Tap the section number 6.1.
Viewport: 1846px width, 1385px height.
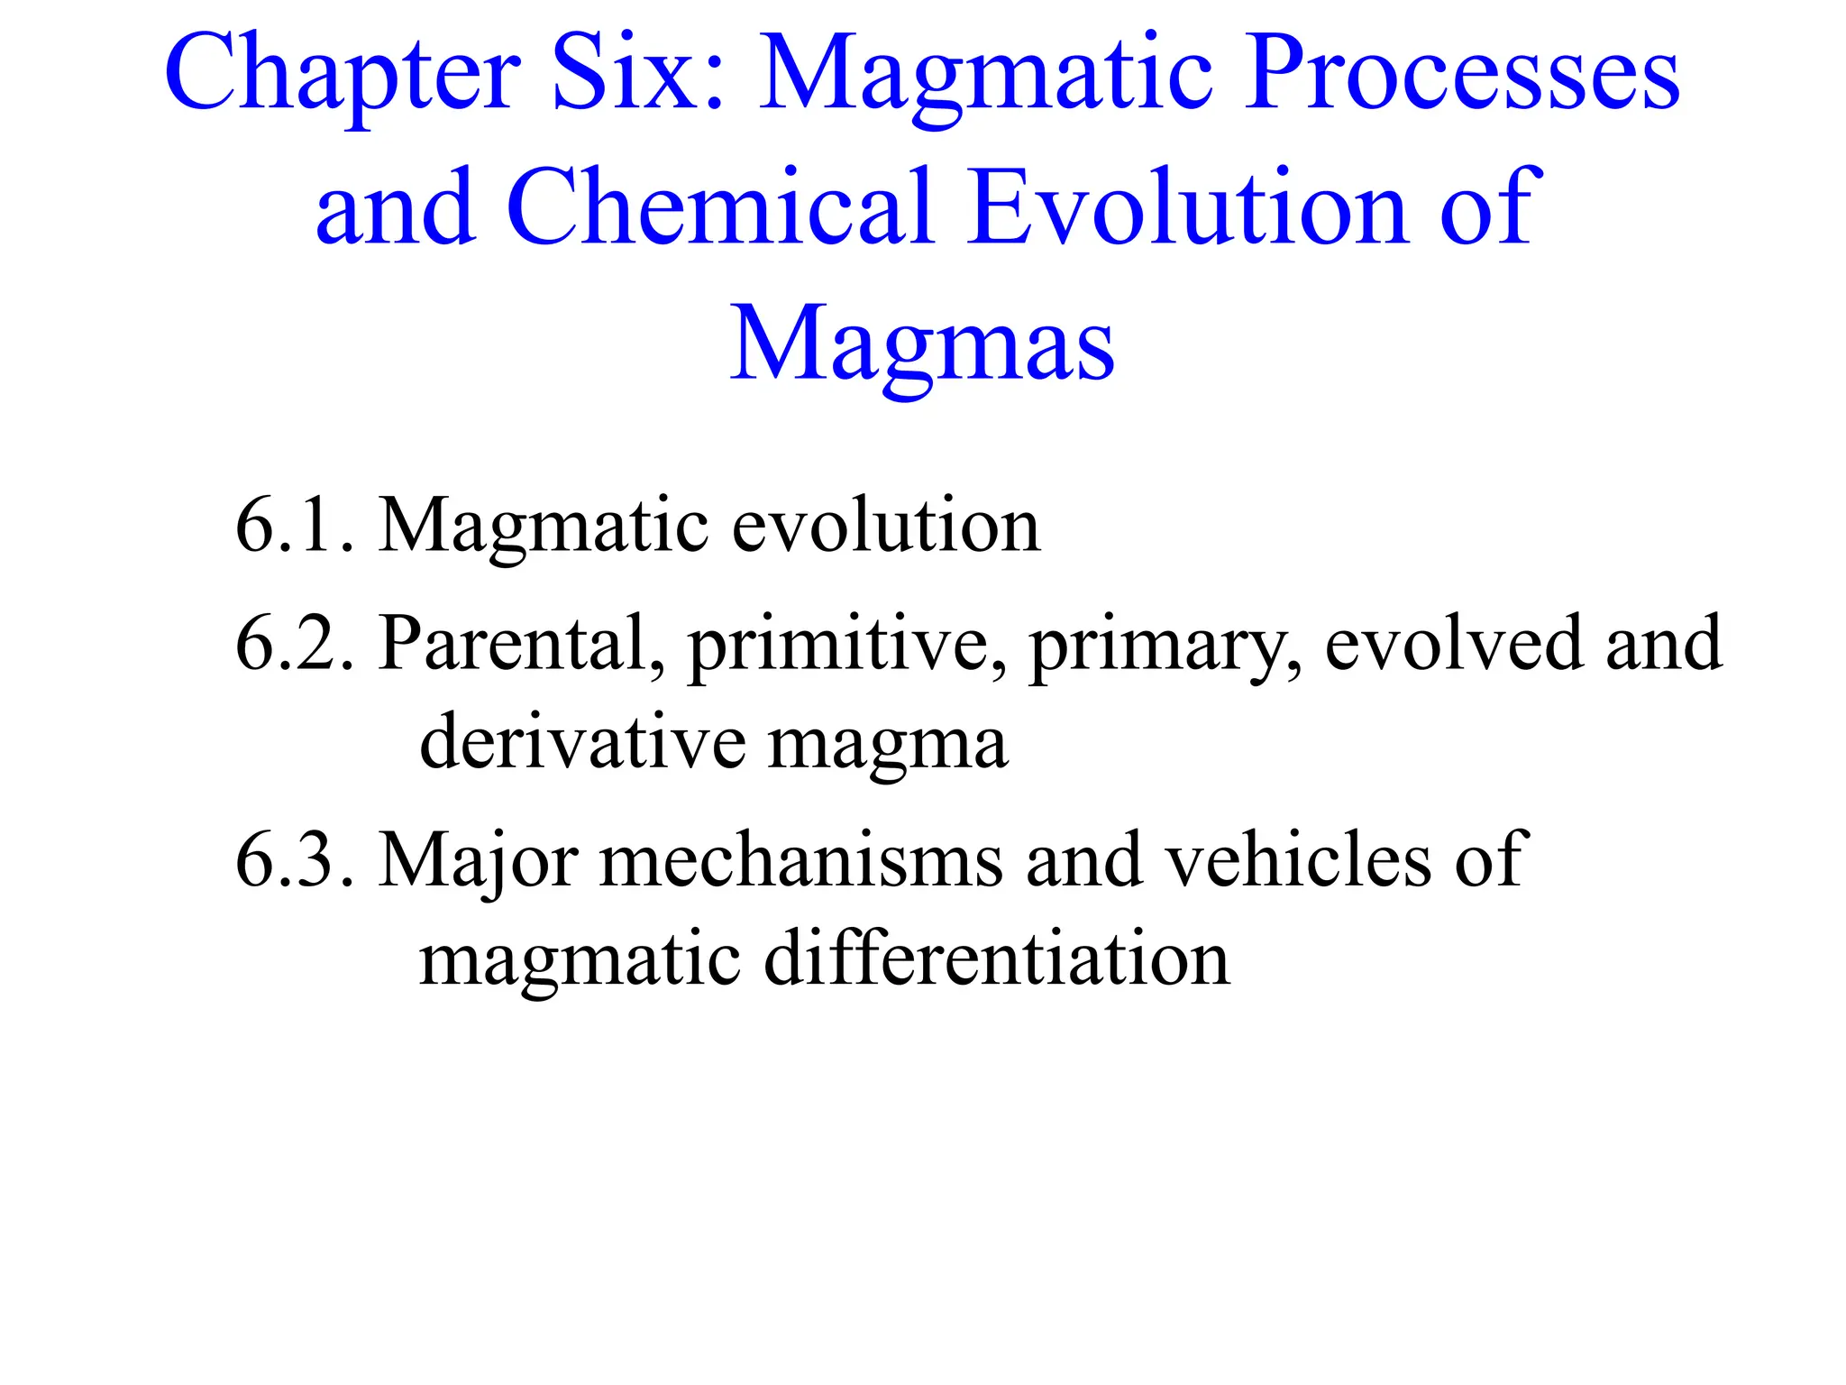[294, 526]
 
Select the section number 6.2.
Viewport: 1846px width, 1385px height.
[294, 643]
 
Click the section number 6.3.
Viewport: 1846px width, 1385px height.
[294, 859]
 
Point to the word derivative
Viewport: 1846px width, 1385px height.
[582, 743]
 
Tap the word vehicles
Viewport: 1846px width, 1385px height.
[1298, 859]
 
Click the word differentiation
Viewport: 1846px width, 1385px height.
[996, 958]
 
